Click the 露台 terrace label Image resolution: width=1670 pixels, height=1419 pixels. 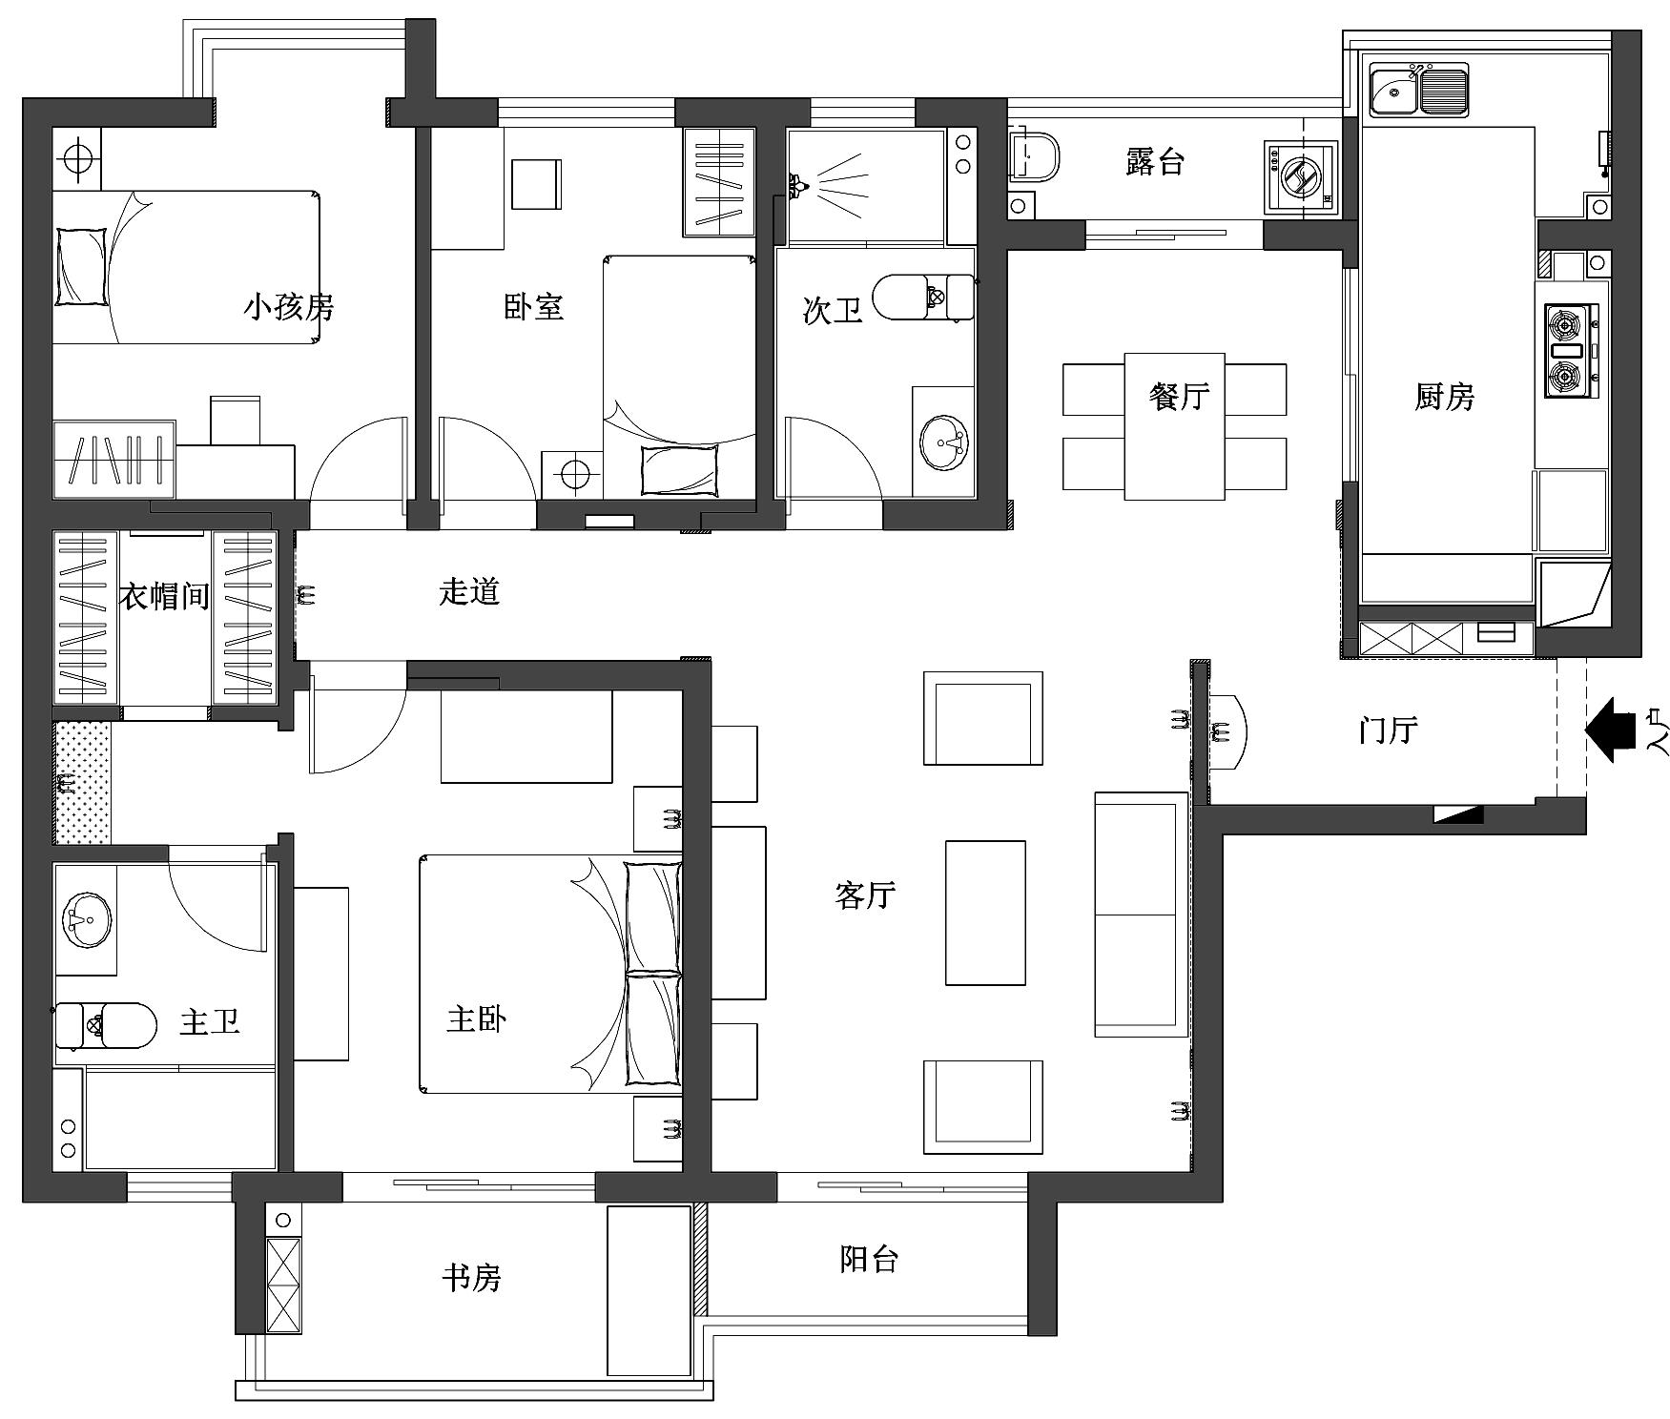1154,162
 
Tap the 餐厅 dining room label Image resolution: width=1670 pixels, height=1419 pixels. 1180,396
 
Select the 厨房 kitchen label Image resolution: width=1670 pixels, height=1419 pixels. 1444,396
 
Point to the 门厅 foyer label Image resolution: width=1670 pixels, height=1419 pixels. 1388,730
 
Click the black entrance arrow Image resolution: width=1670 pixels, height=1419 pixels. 1612,730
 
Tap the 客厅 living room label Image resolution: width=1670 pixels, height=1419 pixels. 865,895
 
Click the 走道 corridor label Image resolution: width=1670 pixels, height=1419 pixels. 469,592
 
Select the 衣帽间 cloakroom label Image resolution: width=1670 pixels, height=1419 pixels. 164,597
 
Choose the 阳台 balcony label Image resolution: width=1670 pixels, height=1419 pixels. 869,1259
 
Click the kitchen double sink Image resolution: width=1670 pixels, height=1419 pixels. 1419,91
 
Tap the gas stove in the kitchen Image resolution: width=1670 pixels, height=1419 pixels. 1570,350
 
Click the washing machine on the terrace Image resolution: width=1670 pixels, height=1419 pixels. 1299,176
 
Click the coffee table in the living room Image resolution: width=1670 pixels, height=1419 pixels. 985,912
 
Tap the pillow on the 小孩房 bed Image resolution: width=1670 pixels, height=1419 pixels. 81,266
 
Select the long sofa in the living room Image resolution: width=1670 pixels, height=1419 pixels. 1141,914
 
